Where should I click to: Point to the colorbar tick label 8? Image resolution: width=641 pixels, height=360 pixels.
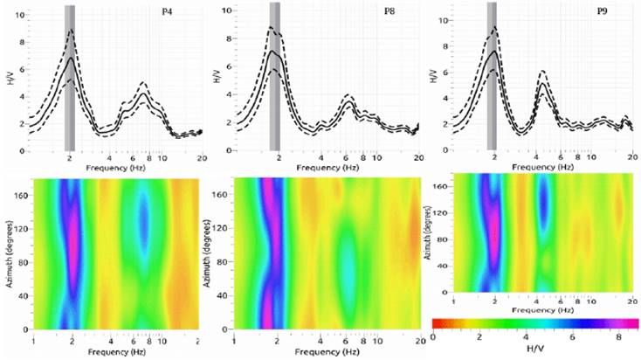click(x=618, y=336)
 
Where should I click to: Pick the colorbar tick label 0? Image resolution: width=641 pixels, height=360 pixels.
click(x=433, y=336)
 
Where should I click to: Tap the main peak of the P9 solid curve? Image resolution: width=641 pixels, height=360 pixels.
click(x=493, y=52)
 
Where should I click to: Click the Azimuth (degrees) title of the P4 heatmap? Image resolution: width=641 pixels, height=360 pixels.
click(x=10, y=253)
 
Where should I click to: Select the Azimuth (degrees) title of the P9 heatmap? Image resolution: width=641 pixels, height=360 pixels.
click(x=439, y=233)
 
